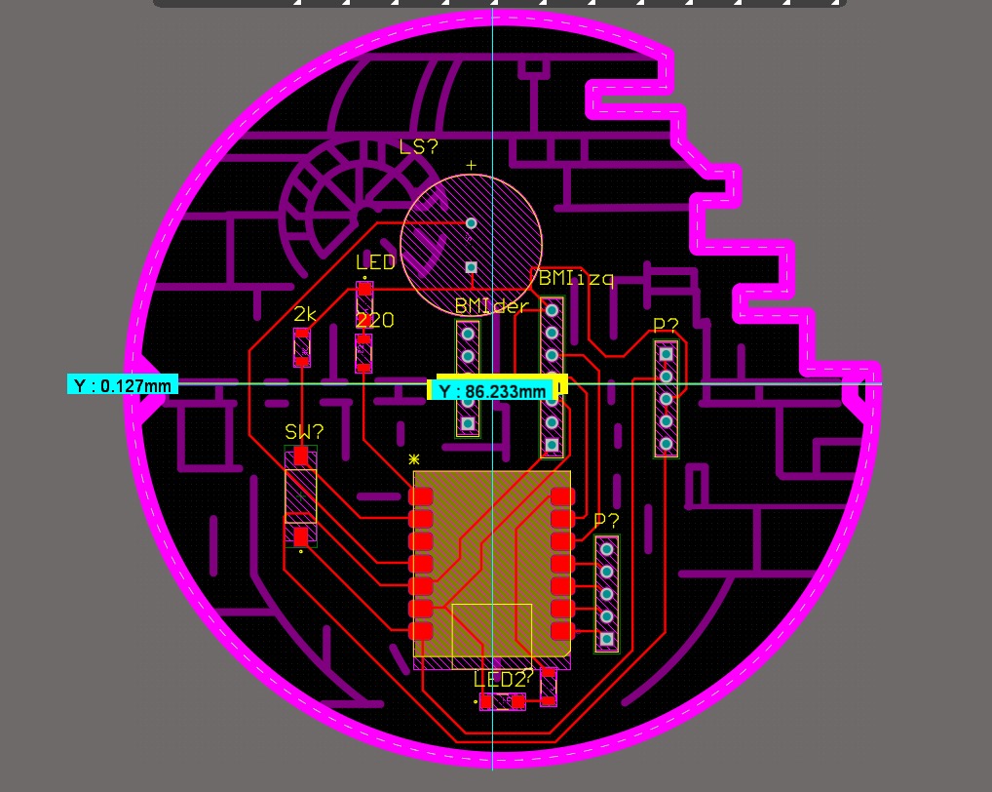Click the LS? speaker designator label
click(x=419, y=147)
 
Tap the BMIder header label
click(x=491, y=306)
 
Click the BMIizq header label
click(x=576, y=279)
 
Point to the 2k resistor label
click(x=305, y=314)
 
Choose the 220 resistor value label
click(x=375, y=320)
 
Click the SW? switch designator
click(x=304, y=431)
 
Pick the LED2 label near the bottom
click(x=500, y=679)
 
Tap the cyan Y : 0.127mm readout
click(x=123, y=385)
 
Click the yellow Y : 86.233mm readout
click(x=492, y=391)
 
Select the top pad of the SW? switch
click(x=301, y=455)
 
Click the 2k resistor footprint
click(x=302, y=347)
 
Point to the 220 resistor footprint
click(x=363, y=352)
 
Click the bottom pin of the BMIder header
click(x=468, y=423)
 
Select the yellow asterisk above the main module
click(x=414, y=457)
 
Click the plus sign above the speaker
click(x=472, y=165)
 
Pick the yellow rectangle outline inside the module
click(x=492, y=630)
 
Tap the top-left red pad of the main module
click(x=421, y=496)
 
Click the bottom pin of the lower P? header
click(x=606, y=639)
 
